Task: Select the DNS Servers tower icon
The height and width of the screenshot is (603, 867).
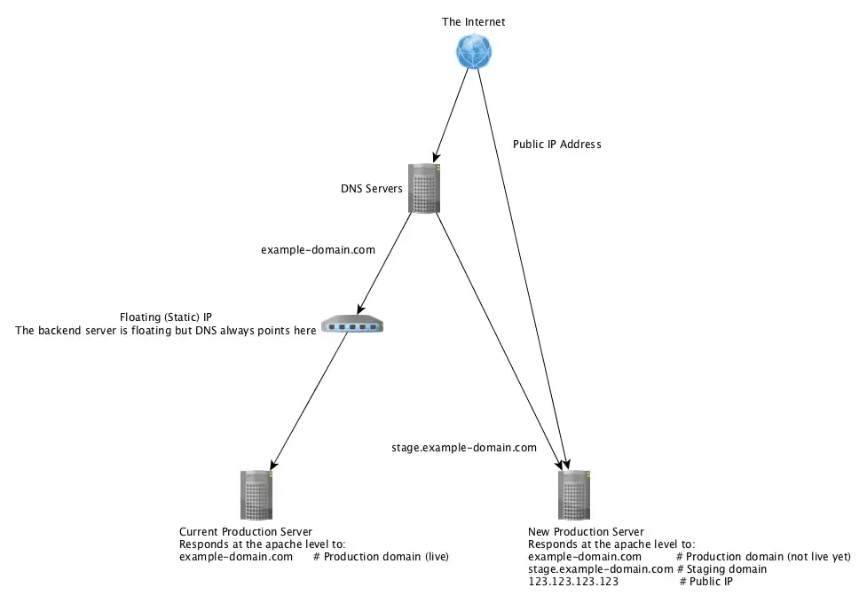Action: click(x=425, y=188)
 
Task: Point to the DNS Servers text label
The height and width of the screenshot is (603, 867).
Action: click(x=372, y=189)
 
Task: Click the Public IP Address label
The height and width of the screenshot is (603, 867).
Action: click(x=556, y=144)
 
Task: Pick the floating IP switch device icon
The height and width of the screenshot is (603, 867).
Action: click(x=353, y=325)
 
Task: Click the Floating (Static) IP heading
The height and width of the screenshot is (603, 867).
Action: click(x=165, y=317)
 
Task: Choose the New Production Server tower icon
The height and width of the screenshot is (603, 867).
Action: click(x=574, y=495)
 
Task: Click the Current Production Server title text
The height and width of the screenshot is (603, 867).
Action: click(x=246, y=532)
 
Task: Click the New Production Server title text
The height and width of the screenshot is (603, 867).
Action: click(x=586, y=532)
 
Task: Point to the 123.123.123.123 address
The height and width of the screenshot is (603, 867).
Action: click(x=572, y=582)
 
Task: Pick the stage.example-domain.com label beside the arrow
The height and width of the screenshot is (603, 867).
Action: click(x=463, y=448)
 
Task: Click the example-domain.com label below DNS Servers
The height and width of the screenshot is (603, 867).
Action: click(x=318, y=250)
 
